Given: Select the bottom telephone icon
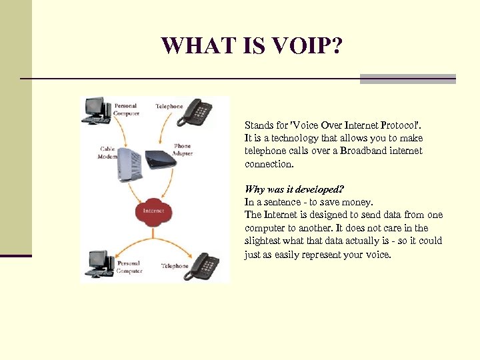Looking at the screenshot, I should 203,265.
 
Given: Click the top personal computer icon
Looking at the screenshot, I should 95,111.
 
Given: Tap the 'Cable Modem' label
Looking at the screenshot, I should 107,153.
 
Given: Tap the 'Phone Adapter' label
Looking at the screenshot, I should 182,149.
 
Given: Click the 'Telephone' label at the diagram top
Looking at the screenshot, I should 169,107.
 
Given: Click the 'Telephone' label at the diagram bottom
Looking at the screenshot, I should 175,266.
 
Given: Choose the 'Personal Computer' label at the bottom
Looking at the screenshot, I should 129,268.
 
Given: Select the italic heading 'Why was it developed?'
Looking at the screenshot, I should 293,189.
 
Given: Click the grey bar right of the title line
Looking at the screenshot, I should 407,79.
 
